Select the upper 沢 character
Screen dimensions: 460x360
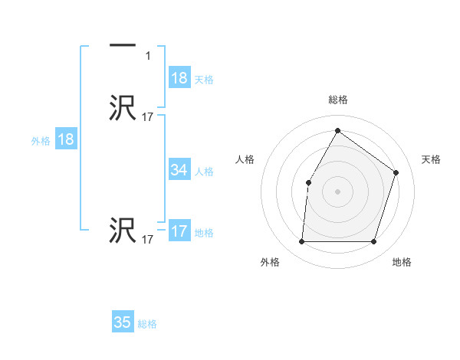click(123, 108)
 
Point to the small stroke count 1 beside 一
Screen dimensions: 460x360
click(148, 56)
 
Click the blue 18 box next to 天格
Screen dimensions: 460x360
click(179, 78)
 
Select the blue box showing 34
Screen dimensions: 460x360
click(179, 170)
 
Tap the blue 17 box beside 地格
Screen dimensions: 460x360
click(179, 231)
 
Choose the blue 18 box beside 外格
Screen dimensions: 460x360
click(65, 139)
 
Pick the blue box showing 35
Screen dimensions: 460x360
click(123, 322)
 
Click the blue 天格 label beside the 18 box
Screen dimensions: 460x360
click(203, 80)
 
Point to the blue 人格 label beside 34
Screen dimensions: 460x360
click(203, 172)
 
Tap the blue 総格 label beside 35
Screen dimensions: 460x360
click(147, 324)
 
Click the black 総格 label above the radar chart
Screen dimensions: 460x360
click(337, 100)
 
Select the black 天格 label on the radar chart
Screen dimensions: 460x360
click(432, 159)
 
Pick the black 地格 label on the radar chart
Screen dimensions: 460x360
click(402, 263)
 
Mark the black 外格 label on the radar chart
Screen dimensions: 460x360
click(270, 263)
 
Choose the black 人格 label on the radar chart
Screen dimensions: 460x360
click(245, 159)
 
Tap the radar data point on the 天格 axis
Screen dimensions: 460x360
click(396, 172)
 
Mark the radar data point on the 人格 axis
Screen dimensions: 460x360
click(308, 182)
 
